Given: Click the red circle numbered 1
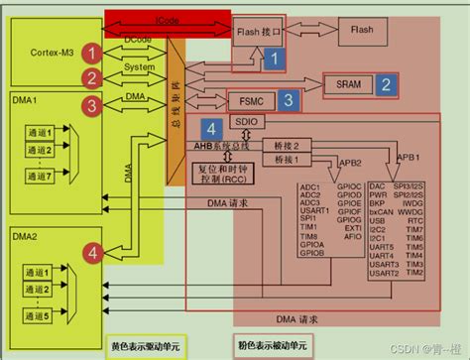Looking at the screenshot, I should pos(91,52).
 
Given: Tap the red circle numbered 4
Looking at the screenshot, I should pos(91,225).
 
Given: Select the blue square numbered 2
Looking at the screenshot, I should pos(385,85).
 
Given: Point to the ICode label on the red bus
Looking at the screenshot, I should pos(168,20).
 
